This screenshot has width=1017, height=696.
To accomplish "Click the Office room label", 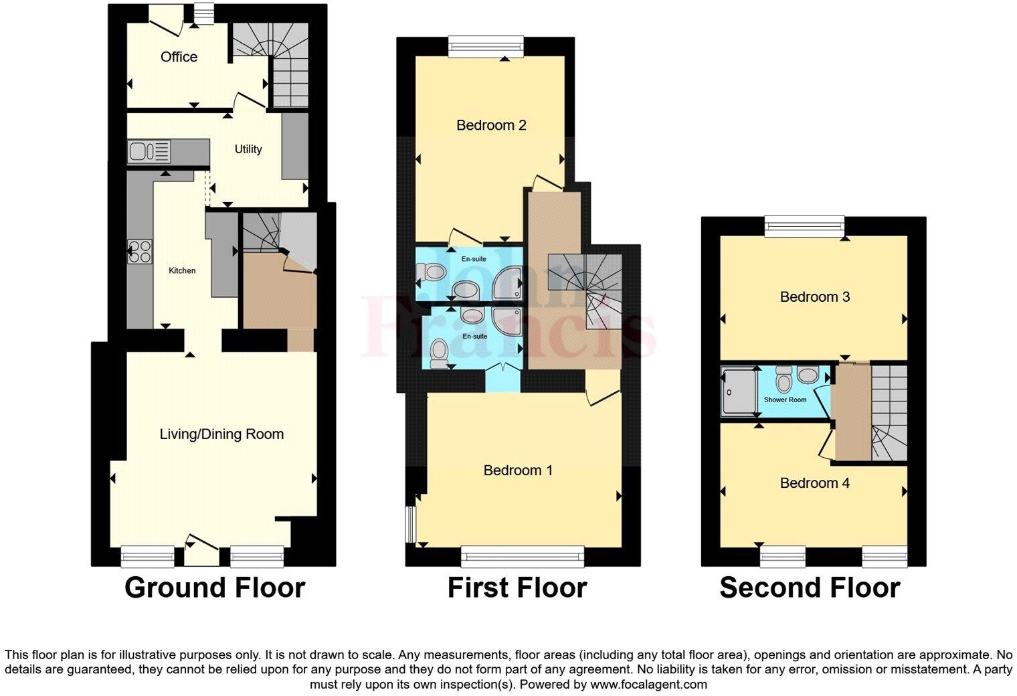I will [179, 57].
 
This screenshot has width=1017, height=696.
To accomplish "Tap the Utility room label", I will [248, 149].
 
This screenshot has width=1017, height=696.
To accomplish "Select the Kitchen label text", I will [182, 270].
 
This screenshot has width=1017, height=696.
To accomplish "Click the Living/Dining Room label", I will [221, 434].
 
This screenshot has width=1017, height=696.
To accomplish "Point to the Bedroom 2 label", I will [491, 125].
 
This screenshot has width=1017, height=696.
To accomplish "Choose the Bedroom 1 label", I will [518, 470].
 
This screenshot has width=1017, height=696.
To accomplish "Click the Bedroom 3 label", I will [814, 296].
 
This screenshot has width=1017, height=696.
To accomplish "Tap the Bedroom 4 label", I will [814, 483].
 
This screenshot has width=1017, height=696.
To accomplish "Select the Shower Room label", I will [785, 400].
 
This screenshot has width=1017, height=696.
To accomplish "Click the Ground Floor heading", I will [215, 588].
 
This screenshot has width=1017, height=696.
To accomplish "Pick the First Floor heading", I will [517, 588].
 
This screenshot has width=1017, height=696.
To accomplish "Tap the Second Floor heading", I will [810, 588].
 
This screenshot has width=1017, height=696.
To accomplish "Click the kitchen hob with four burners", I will [140, 252].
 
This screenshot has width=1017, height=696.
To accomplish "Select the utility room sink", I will [149, 151].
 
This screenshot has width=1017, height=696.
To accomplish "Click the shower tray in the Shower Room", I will [739, 391].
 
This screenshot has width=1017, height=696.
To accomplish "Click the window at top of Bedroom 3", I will [805, 226].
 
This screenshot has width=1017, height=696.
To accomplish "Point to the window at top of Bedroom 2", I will [486, 46].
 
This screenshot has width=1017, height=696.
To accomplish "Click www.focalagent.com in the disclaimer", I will [648, 685].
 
